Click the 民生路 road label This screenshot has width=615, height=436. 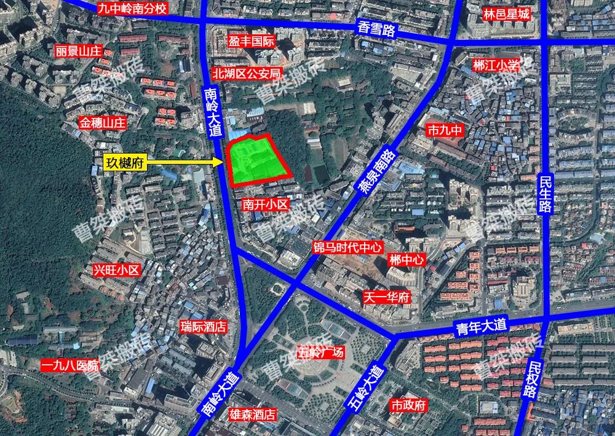point(546,192)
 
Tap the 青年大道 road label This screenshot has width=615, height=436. point(481,325)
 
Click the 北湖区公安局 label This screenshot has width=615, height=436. point(246,73)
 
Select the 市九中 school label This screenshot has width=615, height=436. point(443,130)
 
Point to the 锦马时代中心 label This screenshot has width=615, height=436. point(347,247)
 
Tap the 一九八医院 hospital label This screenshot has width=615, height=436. point(70,366)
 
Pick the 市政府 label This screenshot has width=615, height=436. point(408,405)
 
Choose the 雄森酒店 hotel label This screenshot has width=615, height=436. point(251,414)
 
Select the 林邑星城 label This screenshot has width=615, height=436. point(506,14)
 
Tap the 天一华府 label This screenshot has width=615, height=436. point(386,298)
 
